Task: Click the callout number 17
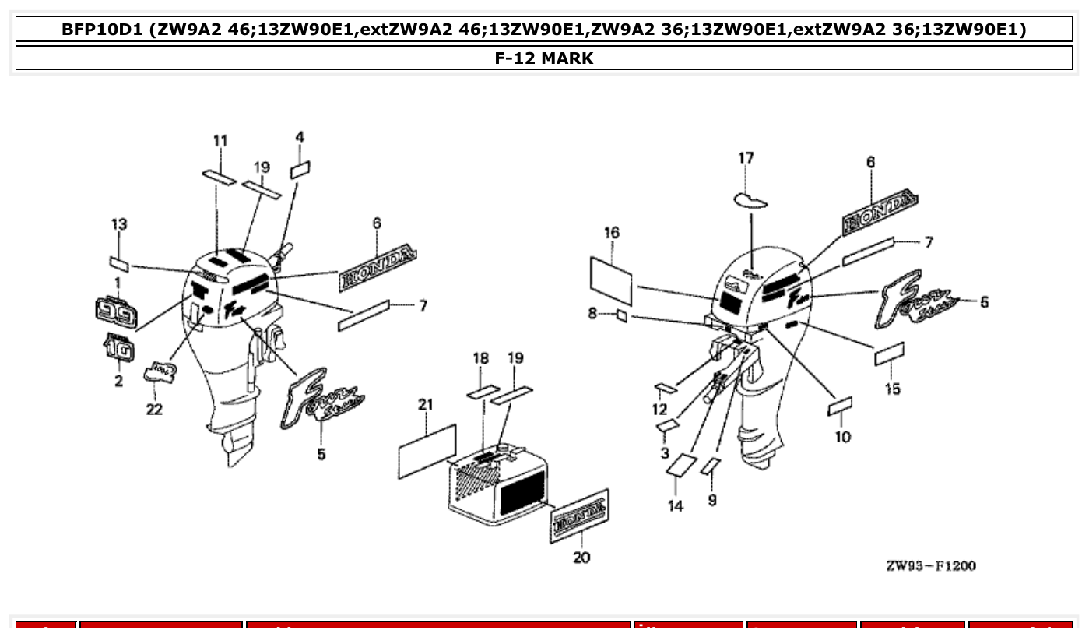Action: pos(746,158)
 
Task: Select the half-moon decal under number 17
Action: pos(751,201)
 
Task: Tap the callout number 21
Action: pos(425,405)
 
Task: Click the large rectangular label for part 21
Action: pos(427,451)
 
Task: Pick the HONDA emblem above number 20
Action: pos(580,515)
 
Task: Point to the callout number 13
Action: pos(118,224)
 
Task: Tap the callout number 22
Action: pos(154,410)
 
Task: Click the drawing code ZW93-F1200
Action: pos(930,565)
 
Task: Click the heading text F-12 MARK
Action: pos(544,58)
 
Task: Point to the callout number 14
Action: pos(676,506)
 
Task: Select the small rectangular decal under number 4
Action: pos(300,170)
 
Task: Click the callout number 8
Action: pos(593,314)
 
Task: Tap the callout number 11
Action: pos(220,140)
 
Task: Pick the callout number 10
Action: pos(843,437)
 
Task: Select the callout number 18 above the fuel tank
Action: pos(481,358)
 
